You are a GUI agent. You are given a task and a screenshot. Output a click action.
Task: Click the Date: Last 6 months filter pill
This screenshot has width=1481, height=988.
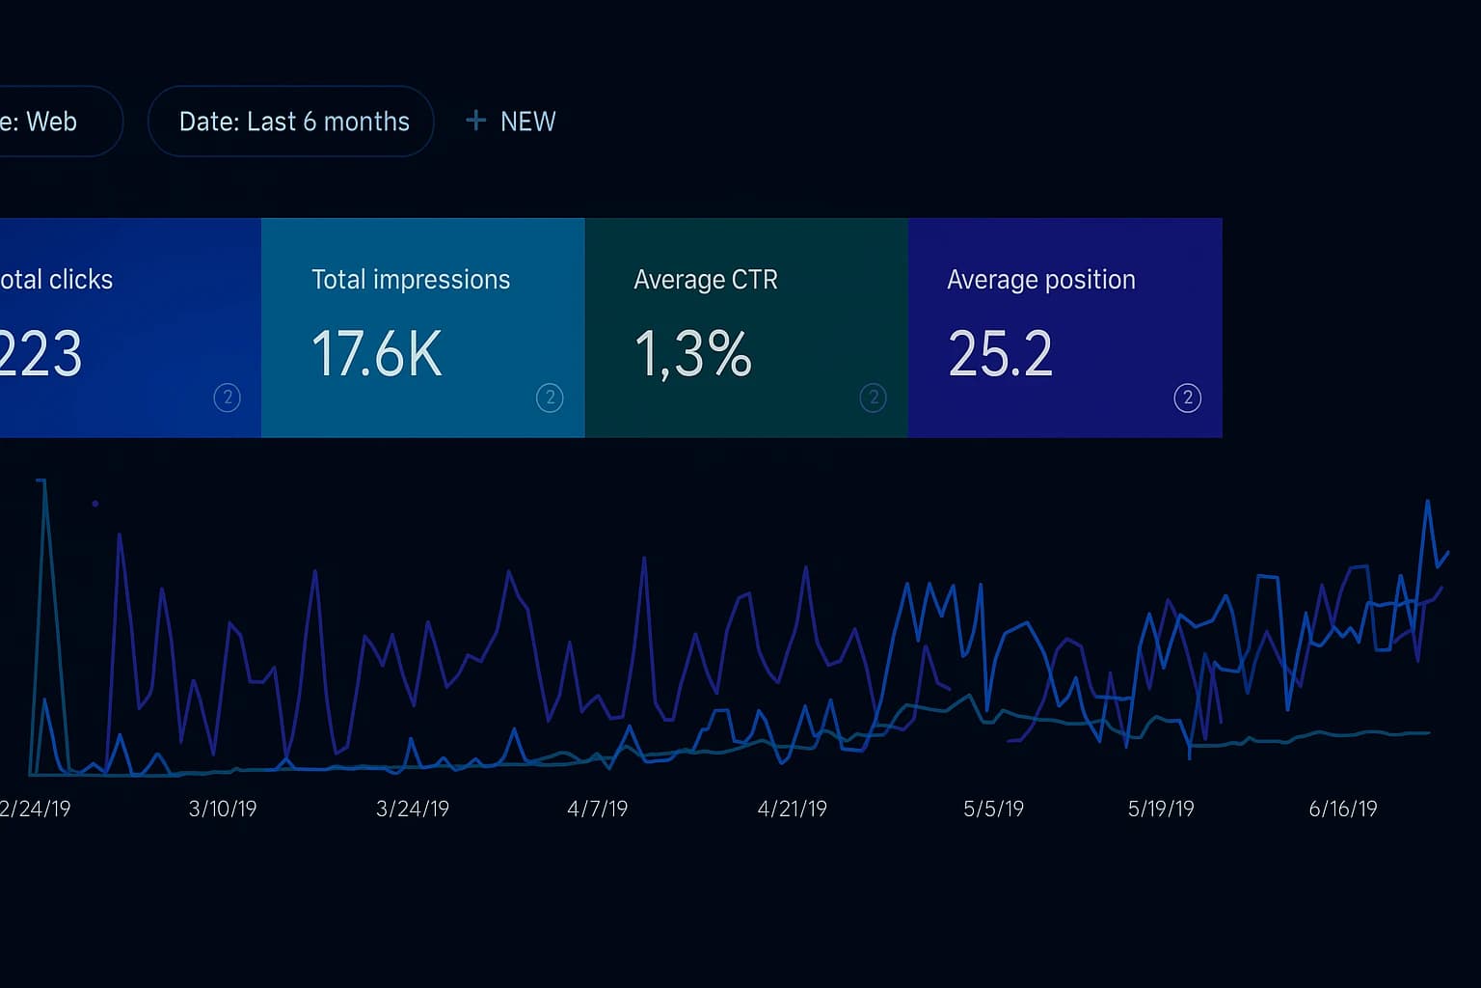(291, 122)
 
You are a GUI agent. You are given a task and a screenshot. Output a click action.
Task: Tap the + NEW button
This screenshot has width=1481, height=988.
(511, 122)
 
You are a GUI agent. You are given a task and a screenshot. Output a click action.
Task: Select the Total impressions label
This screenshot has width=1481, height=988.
(411, 280)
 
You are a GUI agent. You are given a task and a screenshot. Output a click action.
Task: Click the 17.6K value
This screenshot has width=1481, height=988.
(377, 354)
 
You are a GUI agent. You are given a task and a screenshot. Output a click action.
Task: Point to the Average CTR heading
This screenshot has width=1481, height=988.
(706, 280)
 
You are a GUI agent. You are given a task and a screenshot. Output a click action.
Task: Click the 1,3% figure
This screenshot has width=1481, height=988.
(693, 354)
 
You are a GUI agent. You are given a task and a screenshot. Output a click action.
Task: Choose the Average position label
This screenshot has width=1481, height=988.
(1041, 280)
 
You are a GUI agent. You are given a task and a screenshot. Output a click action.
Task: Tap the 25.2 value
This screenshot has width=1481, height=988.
(1000, 354)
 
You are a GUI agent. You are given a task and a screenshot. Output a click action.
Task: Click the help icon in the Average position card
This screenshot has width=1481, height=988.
(1187, 398)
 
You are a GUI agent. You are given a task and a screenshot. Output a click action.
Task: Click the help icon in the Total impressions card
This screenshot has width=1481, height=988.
(550, 398)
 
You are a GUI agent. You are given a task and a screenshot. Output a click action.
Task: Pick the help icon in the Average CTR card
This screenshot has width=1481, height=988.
(873, 398)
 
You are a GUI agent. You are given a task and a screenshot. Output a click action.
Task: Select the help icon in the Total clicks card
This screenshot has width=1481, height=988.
(227, 398)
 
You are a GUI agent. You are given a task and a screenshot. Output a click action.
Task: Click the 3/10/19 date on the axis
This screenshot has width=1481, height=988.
(223, 809)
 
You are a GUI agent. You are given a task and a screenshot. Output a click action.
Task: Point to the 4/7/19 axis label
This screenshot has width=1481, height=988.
(598, 809)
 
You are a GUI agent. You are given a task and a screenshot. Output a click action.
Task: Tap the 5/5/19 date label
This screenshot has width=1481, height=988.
(993, 809)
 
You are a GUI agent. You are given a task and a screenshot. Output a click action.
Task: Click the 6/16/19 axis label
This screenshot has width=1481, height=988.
(1343, 809)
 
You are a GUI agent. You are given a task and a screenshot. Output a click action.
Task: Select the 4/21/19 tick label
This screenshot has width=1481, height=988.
(793, 809)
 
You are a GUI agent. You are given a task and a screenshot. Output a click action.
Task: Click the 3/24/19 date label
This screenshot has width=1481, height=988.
(413, 809)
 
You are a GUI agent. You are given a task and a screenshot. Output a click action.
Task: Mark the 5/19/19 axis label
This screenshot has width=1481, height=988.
(1161, 809)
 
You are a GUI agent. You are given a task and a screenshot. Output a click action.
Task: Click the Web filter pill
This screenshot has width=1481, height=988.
(48, 122)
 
